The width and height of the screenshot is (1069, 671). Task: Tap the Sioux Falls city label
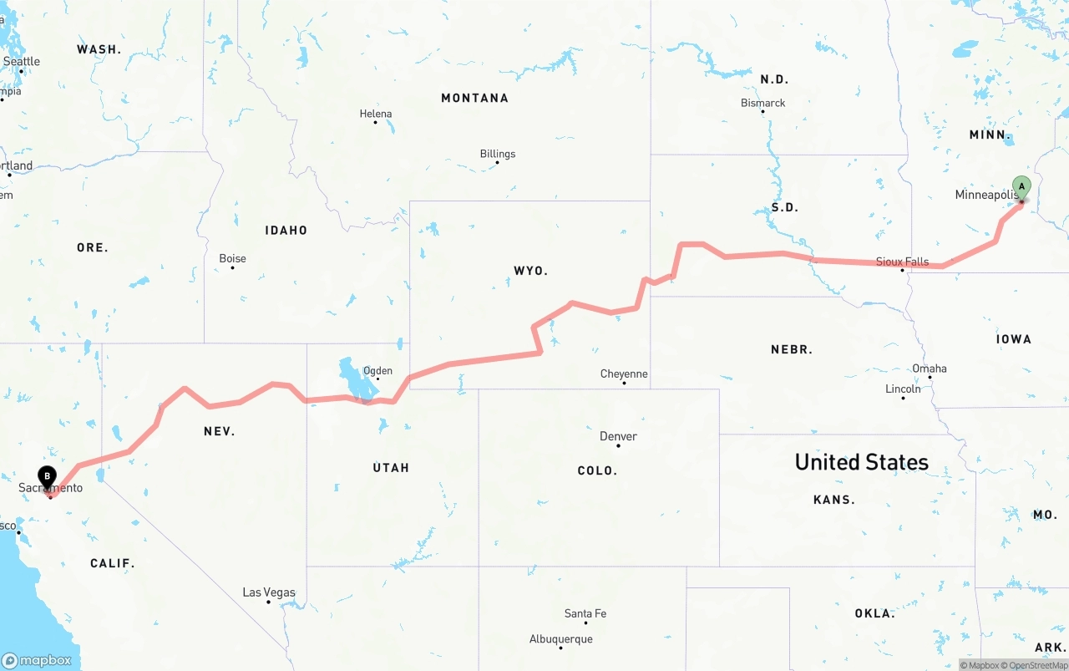pyautogui.click(x=902, y=262)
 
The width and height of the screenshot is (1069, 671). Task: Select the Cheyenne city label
pyautogui.click(x=624, y=374)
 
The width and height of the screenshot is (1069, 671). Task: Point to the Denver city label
pyautogui.click(x=618, y=436)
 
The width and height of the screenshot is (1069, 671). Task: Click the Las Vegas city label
pyautogui.click(x=269, y=592)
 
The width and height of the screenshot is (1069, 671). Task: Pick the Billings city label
pyautogui.click(x=498, y=154)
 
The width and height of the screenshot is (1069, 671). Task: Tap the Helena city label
pyautogui.click(x=376, y=114)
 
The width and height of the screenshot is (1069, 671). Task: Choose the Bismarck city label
pyautogui.click(x=763, y=103)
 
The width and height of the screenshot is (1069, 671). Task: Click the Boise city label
pyautogui.click(x=232, y=258)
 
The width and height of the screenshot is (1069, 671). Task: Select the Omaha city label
pyautogui.click(x=930, y=369)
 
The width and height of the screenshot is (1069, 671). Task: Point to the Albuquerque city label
pyautogui.click(x=561, y=639)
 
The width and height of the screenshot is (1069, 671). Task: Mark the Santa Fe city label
pyautogui.click(x=585, y=613)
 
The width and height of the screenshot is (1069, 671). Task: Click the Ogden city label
pyautogui.click(x=377, y=371)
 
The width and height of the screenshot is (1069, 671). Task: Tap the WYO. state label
pyautogui.click(x=530, y=271)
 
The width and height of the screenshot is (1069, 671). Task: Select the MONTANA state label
pyautogui.click(x=474, y=98)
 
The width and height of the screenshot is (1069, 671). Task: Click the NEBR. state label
pyautogui.click(x=792, y=349)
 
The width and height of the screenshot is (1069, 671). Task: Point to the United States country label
pyautogui.click(x=861, y=462)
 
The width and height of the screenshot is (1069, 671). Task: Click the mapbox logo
pyautogui.click(x=37, y=660)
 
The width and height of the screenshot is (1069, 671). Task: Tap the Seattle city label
pyautogui.click(x=22, y=61)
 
